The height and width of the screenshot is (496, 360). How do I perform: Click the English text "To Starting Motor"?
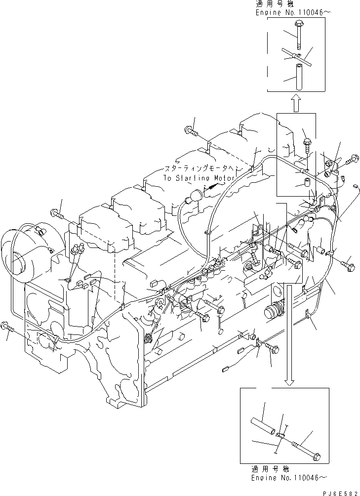(x=195, y=178)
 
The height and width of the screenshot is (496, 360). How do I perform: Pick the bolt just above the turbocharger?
(x=55, y=213)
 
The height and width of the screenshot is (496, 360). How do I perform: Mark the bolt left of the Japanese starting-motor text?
(x=192, y=131)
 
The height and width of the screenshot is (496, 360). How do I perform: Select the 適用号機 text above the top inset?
(x=269, y=3)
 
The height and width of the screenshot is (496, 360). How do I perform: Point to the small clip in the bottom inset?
(x=280, y=435)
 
